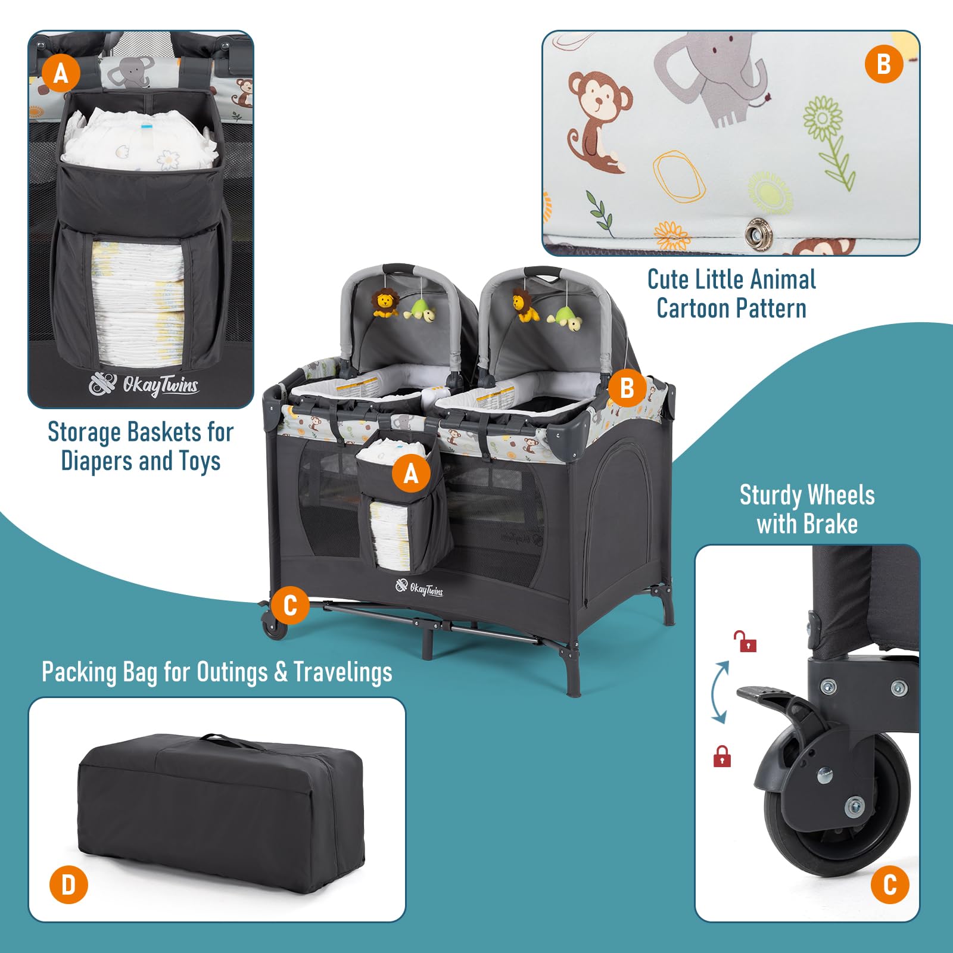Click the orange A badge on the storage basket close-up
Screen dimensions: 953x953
coord(61,73)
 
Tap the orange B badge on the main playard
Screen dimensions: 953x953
coord(627,388)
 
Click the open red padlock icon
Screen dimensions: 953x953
coord(745,641)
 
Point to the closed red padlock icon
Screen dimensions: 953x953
coord(722,756)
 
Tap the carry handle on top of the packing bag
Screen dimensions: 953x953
coord(223,740)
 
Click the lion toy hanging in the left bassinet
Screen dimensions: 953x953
coord(385,303)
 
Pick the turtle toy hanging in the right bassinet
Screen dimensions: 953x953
coord(566,319)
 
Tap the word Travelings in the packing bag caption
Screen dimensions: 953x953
coord(342,672)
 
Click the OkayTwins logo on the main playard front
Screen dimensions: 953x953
coord(419,588)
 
